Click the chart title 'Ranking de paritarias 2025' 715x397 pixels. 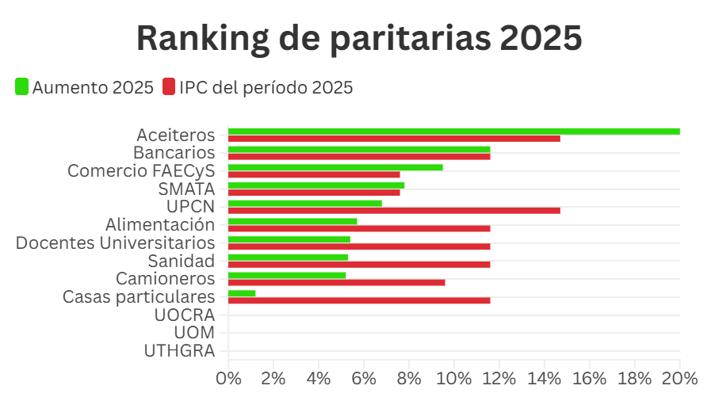point(359,38)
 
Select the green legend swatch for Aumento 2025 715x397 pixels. point(22,86)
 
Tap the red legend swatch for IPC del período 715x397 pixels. point(169,86)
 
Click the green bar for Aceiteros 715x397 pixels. point(453,132)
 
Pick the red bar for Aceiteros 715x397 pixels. point(394,139)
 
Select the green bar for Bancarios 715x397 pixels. point(359,149)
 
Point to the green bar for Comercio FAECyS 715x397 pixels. point(335,167)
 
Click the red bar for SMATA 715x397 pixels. point(314,193)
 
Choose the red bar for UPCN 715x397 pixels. point(394,210)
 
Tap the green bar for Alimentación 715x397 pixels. point(292,221)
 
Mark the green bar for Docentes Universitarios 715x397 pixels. point(289,239)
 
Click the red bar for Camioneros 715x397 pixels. point(337,282)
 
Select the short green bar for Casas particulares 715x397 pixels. point(242,293)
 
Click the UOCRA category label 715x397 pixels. point(185,315)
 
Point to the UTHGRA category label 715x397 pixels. point(180,350)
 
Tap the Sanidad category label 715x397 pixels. point(182,261)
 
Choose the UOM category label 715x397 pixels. point(194,333)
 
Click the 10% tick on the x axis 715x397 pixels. point(454,378)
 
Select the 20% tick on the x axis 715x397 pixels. point(679,378)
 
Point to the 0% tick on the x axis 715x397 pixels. point(228,378)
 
